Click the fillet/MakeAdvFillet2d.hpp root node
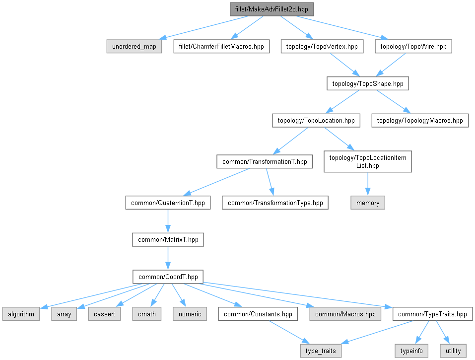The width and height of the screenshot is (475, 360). click(x=272, y=9)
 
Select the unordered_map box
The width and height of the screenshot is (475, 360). click(x=134, y=47)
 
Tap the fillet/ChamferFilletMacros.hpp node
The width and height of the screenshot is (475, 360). click(x=221, y=47)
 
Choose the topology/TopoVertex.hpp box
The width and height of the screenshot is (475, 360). click(x=322, y=47)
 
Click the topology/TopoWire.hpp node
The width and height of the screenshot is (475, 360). click(x=413, y=47)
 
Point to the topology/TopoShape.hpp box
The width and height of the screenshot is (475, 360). click(x=367, y=83)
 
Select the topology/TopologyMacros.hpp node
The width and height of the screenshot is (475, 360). click(x=420, y=120)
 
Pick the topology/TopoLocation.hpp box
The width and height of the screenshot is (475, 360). click(x=316, y=120)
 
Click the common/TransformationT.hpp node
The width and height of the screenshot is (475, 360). click(x=265, y=161)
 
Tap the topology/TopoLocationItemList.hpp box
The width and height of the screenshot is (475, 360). click(x=367, y=161)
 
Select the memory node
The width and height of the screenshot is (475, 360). click(x=367, y=203)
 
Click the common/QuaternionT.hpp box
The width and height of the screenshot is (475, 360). click(x=168, y=203)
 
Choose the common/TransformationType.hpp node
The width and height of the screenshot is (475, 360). click(x=275, y=203)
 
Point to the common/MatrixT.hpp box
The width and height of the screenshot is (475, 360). click(x=168, y=239)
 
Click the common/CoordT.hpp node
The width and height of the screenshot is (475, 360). click(x=168, y=277)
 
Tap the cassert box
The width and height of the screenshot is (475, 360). click(x=105, y=314)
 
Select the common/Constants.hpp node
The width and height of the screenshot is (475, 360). click(x=258, y=314)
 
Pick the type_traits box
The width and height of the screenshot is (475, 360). click(x=321, y=351)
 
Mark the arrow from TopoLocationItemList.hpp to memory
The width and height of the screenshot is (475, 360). click(x=367, y=184)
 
